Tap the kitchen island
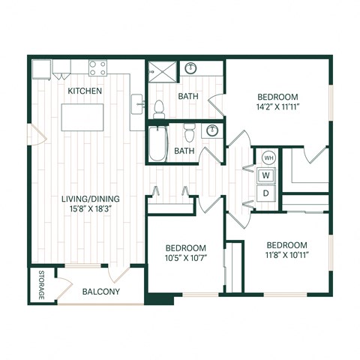[83, 117]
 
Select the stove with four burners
[97, 67]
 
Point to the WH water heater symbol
[268, 158]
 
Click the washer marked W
[265, 175]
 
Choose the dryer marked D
[265, 193]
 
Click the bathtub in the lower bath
[157, 144]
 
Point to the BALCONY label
[101, 291]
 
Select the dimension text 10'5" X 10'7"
[185, 259]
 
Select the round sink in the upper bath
[190, 67]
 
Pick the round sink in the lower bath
[213, 130]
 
